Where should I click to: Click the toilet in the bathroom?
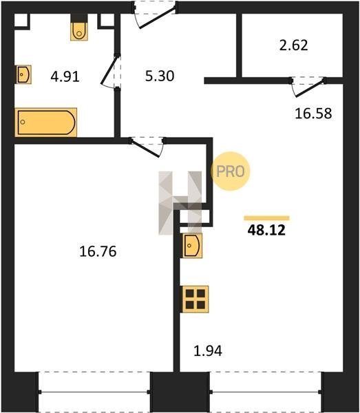79,31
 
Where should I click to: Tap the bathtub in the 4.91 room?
46,123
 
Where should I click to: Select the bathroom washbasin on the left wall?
23,74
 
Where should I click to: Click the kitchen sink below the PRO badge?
192,246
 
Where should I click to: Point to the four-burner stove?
195,299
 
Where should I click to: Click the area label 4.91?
65,77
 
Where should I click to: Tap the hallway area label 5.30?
160,76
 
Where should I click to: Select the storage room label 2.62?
293,45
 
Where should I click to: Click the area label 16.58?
313,114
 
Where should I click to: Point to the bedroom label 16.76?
98,251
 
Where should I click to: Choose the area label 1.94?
208,351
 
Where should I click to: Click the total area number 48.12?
266,230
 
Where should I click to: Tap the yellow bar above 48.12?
267,218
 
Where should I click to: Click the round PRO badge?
231,171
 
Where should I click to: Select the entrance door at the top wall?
155,14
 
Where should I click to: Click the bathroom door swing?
110,71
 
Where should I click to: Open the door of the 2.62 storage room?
308,87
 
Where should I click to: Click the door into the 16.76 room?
147,147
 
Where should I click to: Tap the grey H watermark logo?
180,203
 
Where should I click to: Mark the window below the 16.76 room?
94,392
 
